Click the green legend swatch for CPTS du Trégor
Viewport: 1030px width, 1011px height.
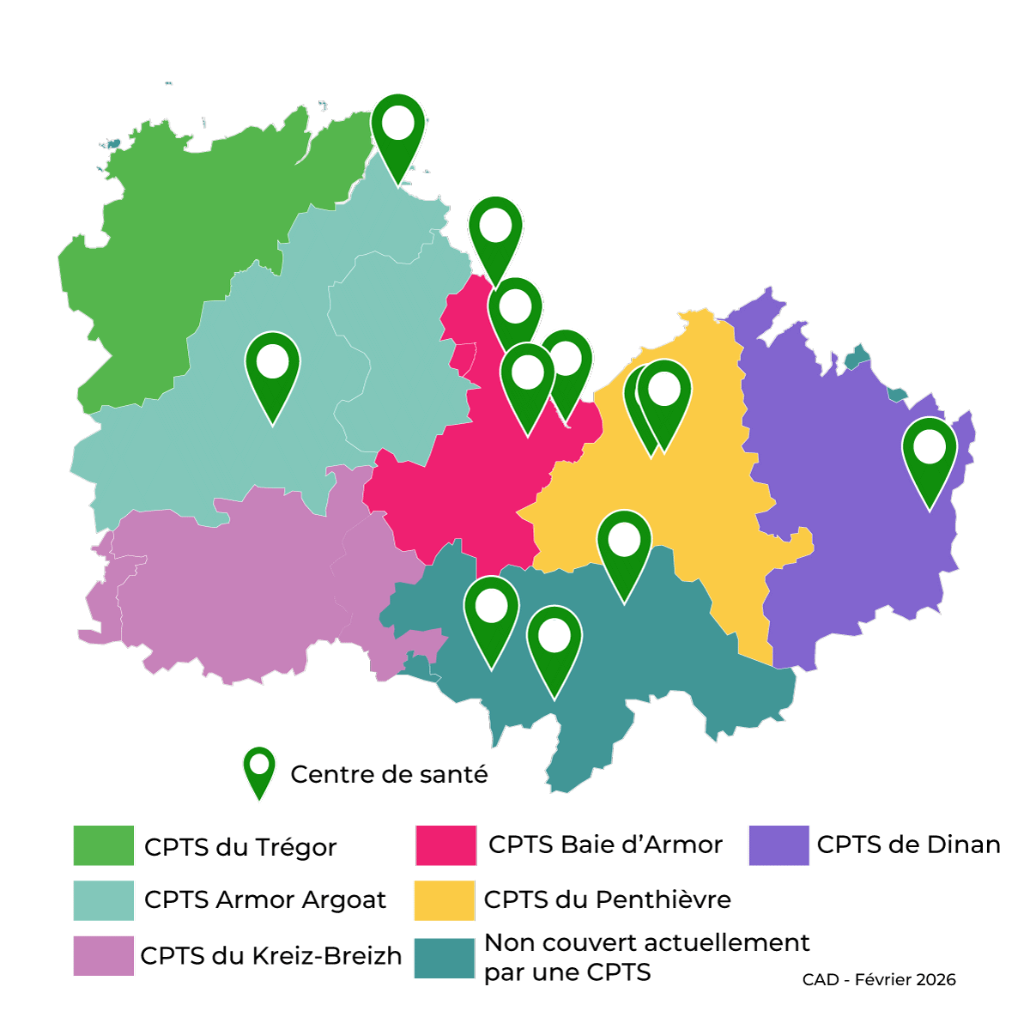(x=103, y=845)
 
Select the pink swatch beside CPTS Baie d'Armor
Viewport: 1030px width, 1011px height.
(x=445, y=845)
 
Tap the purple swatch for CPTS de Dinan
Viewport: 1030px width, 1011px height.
(x=779, y=845)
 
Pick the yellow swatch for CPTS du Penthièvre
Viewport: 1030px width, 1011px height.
(x=444, y=900)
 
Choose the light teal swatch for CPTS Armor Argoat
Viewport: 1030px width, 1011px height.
(x=103, y=900)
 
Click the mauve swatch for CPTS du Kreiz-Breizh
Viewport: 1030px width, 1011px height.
(x=103, y=955)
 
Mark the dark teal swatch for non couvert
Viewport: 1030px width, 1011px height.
(x=444, y=958)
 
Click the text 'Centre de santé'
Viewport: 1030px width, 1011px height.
(x=389, y=774)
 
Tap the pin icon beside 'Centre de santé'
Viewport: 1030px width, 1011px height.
(x=258, y=770)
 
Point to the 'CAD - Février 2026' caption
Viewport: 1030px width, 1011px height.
(x=879, y=979)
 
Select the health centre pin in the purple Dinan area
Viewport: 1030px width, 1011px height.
(x=930, y=455)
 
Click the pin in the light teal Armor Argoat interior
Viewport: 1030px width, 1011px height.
(x=272, y=369)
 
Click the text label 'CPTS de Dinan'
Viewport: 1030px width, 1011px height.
(x=908, y=845)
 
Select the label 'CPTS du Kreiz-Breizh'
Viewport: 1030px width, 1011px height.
(x=270, y=955)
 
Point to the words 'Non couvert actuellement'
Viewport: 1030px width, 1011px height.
(x=647, y=942)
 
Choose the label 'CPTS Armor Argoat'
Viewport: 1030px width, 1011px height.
(x=265, y=899)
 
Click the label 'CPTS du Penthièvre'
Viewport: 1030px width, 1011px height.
(x=608, y=899)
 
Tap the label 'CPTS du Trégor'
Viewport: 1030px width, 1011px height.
(x=240, y=847)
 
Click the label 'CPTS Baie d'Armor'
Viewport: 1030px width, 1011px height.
(x=605, y=845)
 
